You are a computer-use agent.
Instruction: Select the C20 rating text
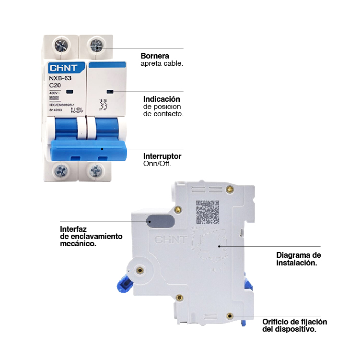[x=56, y=85]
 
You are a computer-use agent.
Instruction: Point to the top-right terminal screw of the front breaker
[x=96, y=46]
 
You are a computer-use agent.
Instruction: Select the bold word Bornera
[x=154, y=56]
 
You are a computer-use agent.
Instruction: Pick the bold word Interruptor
[x=162, y=156]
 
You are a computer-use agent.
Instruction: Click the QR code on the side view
[x=208, y=212]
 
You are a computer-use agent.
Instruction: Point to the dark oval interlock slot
[x=160, y=220]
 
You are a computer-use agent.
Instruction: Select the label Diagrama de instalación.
[x=298, y=259]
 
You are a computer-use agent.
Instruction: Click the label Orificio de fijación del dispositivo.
[x=294, y=325]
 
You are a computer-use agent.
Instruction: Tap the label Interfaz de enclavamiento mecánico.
[x=91, y=236]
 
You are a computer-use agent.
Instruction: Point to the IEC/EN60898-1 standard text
[x=62, y=104]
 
